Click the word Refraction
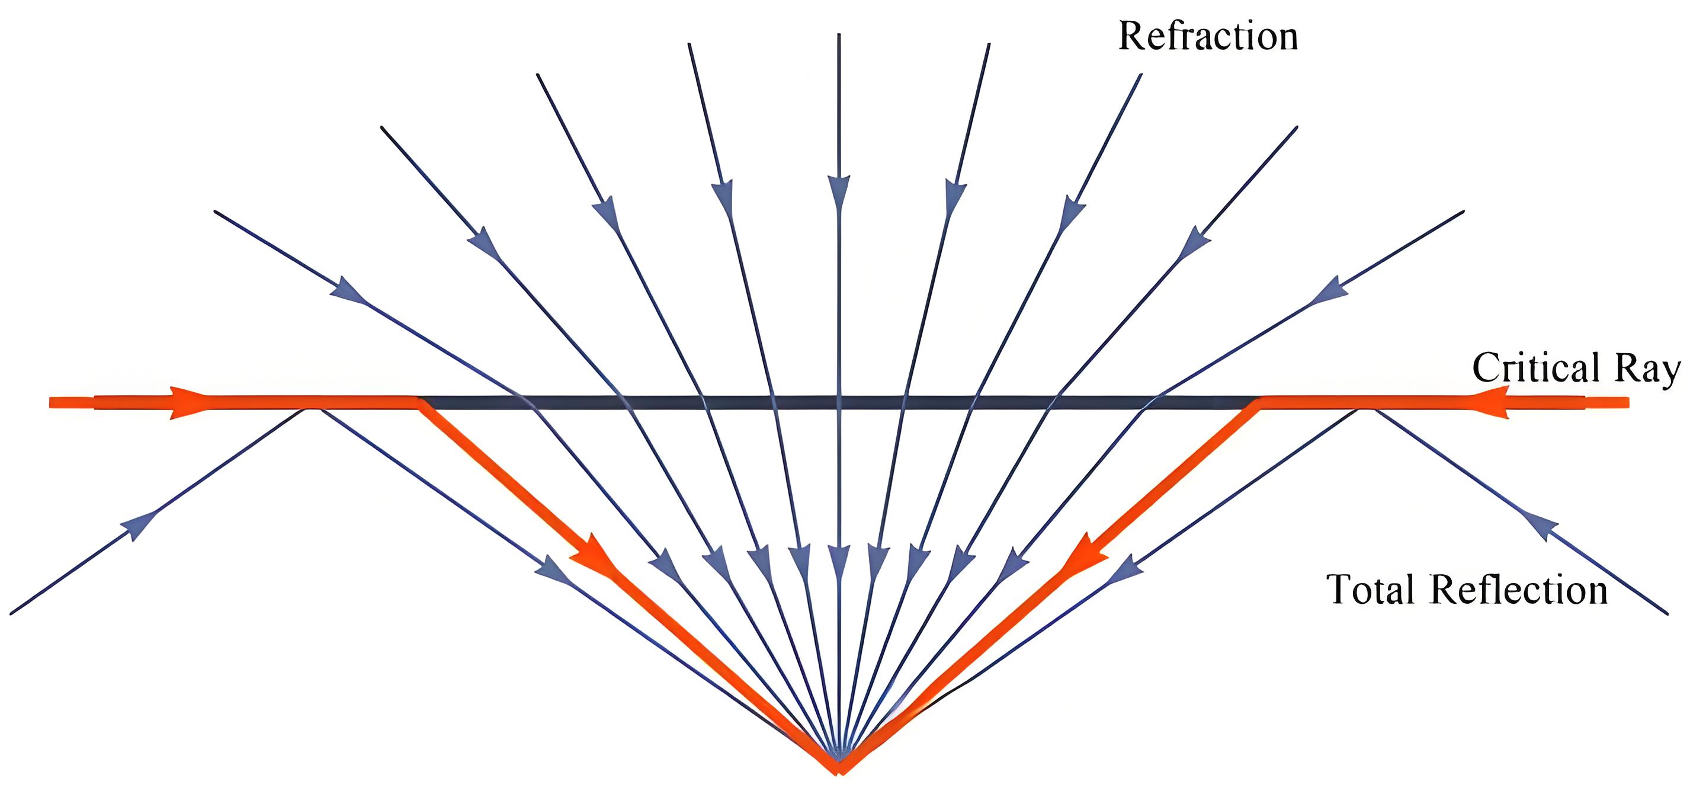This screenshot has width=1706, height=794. pyautogui.click(x=1208, y=36)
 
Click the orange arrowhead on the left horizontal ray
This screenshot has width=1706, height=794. pyautogui.click(x=190, y=402)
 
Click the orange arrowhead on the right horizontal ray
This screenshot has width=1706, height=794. pyautogui.click(x=1490, y=402)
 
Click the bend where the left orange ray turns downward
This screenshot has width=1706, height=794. pyautogui.click(x=419, y=402)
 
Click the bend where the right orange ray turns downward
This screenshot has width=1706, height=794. pyautogui.click(x=1259, y=402)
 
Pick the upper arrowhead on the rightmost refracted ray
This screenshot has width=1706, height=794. pyautogui.click(x=1329, y=292)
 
